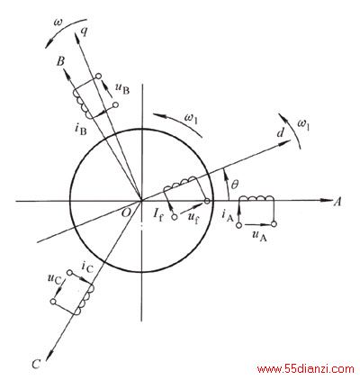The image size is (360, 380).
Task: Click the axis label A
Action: tap(337, 203)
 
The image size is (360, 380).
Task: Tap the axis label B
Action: tap(60, 62)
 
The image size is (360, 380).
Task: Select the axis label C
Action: tap(36, 364)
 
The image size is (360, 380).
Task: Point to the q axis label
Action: tap(85, 32)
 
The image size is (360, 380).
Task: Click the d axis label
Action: tap(280, 132)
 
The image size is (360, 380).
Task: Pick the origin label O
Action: tap(127, 213)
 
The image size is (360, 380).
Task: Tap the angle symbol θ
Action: tap(235, 185)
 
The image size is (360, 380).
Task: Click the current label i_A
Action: tap(228, 215)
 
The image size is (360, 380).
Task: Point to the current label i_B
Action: tap(80, 130)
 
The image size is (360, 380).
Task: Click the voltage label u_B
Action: tap(122, 88)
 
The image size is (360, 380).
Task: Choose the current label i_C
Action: tap(88, 267)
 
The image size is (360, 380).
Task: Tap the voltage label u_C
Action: tap(54, 278)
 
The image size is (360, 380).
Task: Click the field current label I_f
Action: tap(157, 215)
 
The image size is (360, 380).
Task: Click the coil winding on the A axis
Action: tap(256, 199)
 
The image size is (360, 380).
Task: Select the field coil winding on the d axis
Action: tap(180, 184)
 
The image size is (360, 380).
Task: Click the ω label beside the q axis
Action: tap(58, 23)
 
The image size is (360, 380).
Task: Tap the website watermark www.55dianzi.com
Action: tap(305, 369)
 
